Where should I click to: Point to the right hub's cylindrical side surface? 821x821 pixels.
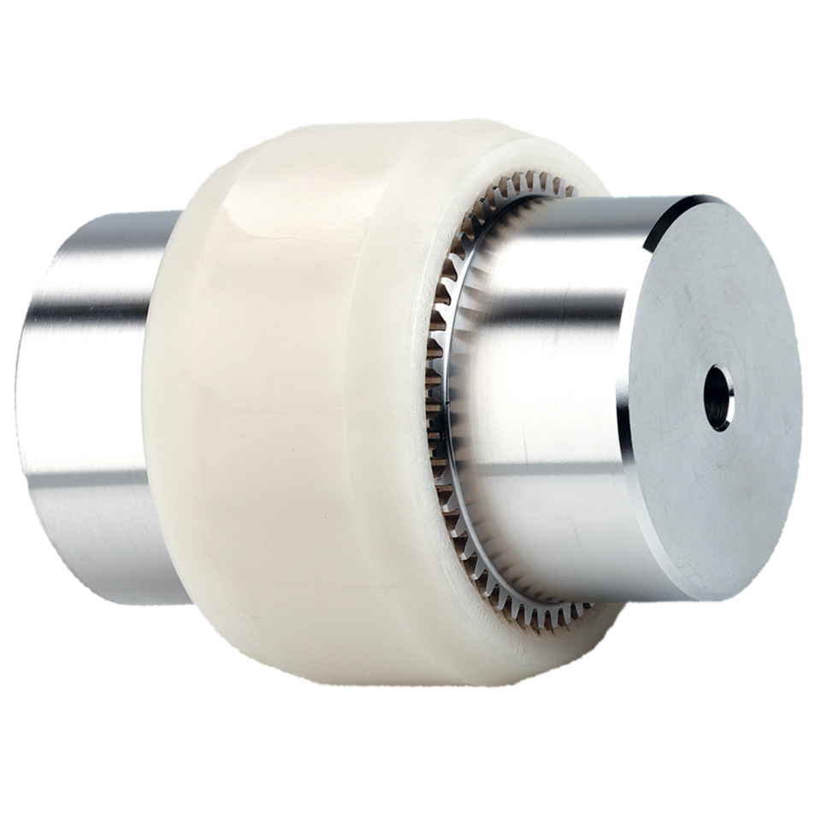click(547, 385)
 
